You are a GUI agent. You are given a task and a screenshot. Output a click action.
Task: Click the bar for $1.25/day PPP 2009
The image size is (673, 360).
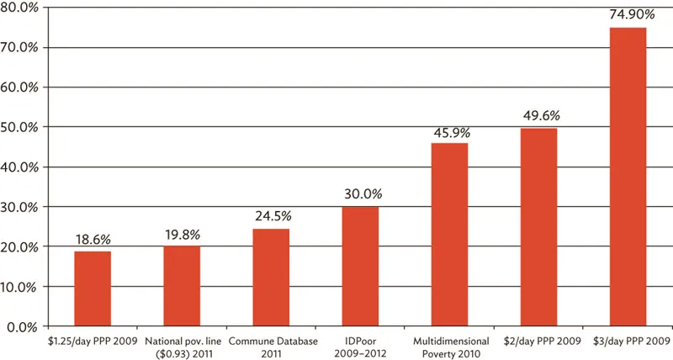pos(93,289)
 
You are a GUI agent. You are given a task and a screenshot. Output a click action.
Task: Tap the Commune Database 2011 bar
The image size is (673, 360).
pos(271,277)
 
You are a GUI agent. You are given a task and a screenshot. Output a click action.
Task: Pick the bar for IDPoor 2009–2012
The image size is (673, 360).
pos(360,266)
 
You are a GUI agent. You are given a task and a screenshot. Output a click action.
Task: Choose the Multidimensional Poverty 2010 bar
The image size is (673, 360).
pos(449,234)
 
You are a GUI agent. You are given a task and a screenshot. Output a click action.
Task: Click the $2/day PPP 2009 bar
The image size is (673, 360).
pos(538,226)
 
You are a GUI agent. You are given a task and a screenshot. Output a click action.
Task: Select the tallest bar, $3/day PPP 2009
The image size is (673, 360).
pos(628,177)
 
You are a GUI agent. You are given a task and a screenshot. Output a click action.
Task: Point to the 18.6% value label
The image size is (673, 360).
pos(93,240)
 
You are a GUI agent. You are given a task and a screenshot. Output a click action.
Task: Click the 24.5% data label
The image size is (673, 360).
pos(271,216)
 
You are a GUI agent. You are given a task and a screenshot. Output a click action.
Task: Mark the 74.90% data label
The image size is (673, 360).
pos(628,15)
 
